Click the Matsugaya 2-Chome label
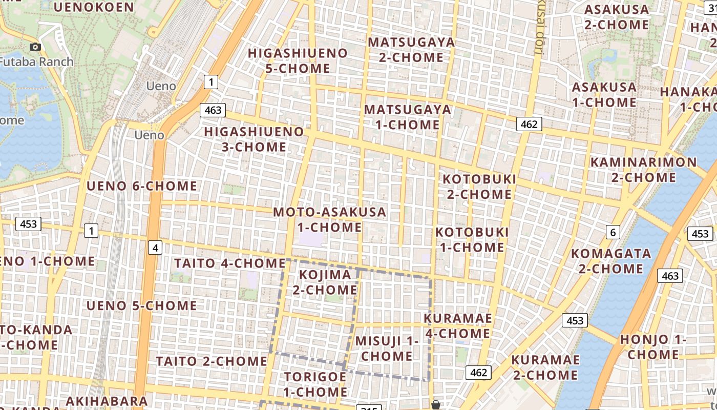pyautogui.click(x=411, y=50)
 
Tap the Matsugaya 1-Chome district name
pyautogui.click(x=408, y=117)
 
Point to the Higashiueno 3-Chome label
pyautogui.click(x=254, y=139)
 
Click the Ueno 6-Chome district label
pyautogui.click(x=141, y=186)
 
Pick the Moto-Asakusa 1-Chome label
pyautogui.click(x=329, y=219)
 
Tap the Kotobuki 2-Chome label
pyautogui.click(x=479, y=187)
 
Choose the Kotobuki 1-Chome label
pyautogui.click(x=472, y=239)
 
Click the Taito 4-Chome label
pyautogui.click(x=229, y=263)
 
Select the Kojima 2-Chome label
pyautogui.click(x=325, y=282)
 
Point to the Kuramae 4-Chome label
pyautogui.click(x=457, y=326)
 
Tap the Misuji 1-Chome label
pyautogui.click(x=387, y=348)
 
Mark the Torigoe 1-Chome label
pyautogui.click(x=315, y=384)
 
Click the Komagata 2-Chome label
pyautogui.click(x=611, y=261)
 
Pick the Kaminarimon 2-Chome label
pyautogui.click(x=644, y=170)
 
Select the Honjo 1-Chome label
pyautogui.click(x=653, y=347)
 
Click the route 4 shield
pyautogui.click(x=155, y=248)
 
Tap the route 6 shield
pyautogui.click(x=613, y=232)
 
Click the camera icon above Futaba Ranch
pyautogui.click(x=35, y=47)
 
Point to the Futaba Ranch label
pyautogui.click(x=37, y=62)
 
